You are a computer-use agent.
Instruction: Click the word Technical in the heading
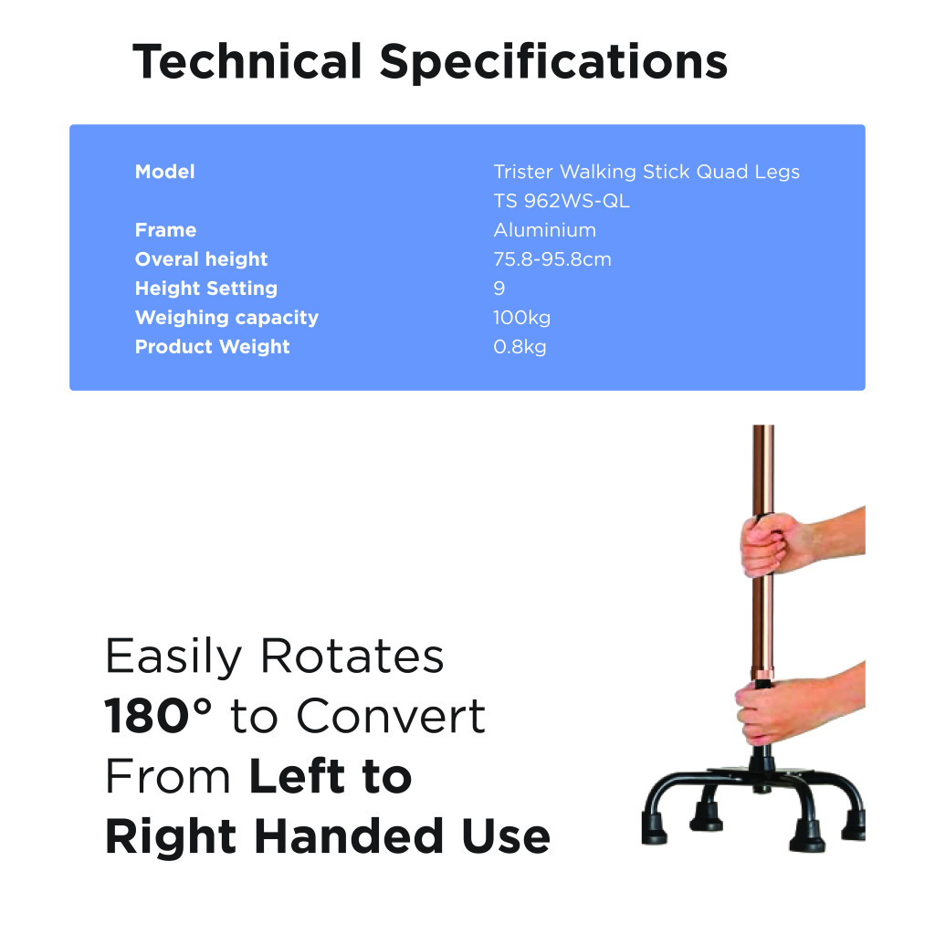point(247,61)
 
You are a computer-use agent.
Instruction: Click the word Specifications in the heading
point(554,63)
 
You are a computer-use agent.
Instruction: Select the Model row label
point(164,172)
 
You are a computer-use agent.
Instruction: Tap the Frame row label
point(165,230)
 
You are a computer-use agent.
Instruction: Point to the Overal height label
point(201,259)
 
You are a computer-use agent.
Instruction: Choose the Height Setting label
point(205,289)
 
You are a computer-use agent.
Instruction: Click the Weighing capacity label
point(226,318)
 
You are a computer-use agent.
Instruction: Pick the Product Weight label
point(212,346)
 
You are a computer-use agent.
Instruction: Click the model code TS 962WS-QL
point(562,202)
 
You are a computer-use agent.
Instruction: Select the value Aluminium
point(544,230)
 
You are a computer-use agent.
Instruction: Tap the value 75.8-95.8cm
point(552,259)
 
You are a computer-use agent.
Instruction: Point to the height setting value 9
point(499,289)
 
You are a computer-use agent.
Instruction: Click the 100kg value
point(521,318)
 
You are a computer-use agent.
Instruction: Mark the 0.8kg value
point(520,347)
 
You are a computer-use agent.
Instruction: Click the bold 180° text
point(158,715)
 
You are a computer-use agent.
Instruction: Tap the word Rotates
point(352,656)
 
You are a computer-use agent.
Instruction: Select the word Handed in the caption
point(349,836)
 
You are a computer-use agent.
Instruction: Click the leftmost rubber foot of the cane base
point(654,829)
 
